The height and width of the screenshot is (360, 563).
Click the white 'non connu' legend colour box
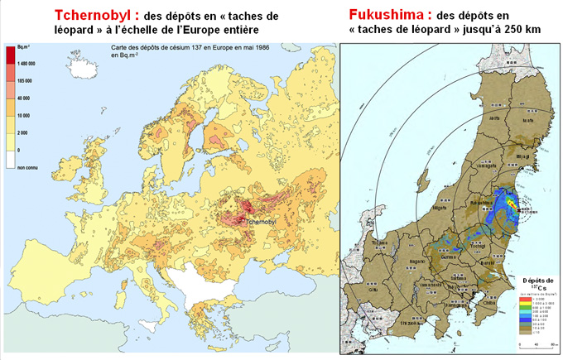tap(11, 152)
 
